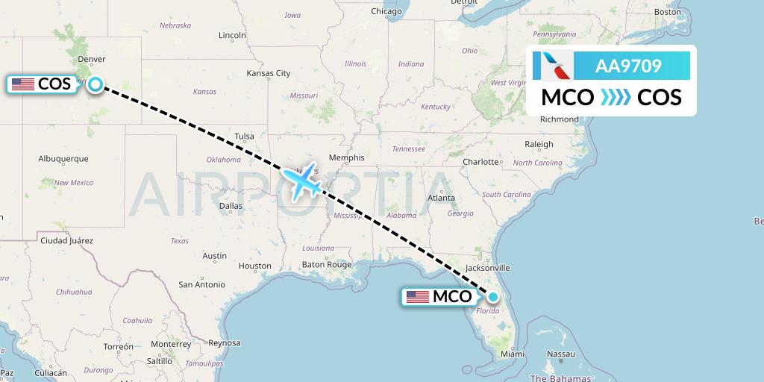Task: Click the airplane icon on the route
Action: (303, 181)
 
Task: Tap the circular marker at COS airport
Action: (95, 84)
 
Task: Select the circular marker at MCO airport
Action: (492, 296)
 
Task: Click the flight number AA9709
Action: (628, 66)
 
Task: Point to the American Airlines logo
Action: (554, 66)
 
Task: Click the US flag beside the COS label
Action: (23, 84)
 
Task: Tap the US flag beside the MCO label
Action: (418, 297)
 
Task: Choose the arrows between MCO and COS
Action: (616, 98)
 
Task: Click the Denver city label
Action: (92, 60)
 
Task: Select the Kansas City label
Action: (269, 73)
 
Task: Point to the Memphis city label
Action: (347, 158)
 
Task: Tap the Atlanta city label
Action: (441, 197)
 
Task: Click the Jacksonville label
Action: (487, 267)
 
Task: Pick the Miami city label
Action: (513, 354)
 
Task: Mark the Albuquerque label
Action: (63, 158)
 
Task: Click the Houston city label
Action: (254, 266)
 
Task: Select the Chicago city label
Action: (386, 11)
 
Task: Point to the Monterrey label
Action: (171, 344)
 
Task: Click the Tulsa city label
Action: (244, 136)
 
